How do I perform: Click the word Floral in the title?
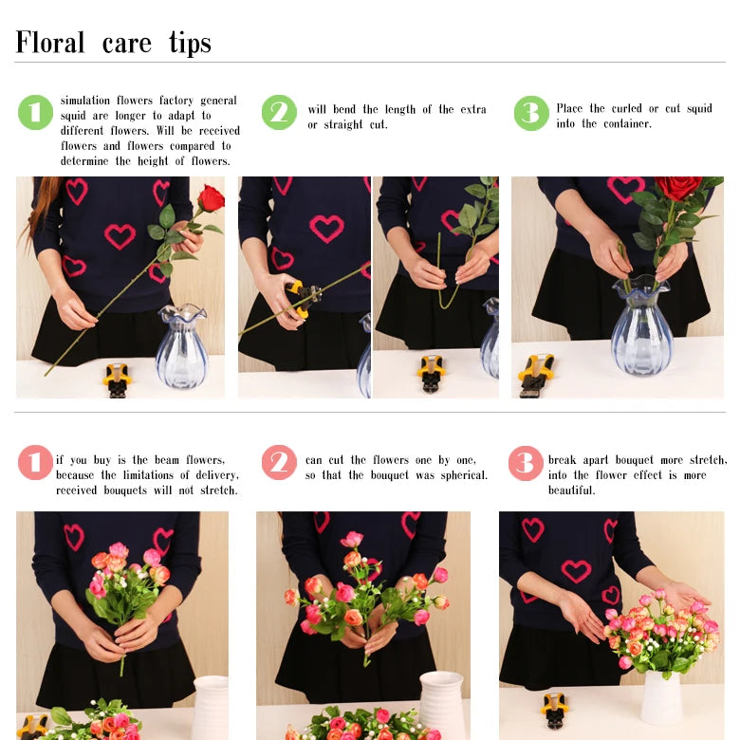point(50,42)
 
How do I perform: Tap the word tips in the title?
point(190,43)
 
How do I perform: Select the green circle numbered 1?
point(35,112)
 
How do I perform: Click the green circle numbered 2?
point(279,112)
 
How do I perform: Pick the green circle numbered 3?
point(531,113)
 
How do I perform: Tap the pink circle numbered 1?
point(35,463)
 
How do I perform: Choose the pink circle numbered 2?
point(279,463)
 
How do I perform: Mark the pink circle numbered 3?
point(526,463)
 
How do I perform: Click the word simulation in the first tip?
point(85,101)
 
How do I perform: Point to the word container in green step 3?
point(627,123)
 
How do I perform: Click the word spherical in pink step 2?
point(464,475)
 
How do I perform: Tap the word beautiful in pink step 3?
point(571,490)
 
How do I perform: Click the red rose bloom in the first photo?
point(211,198)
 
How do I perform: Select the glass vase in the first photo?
point(181,346)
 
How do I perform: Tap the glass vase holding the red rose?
point(642,325)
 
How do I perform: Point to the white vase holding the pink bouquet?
point(661,697)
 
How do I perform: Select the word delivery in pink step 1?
point(217,475)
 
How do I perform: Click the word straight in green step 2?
point(343,125)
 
